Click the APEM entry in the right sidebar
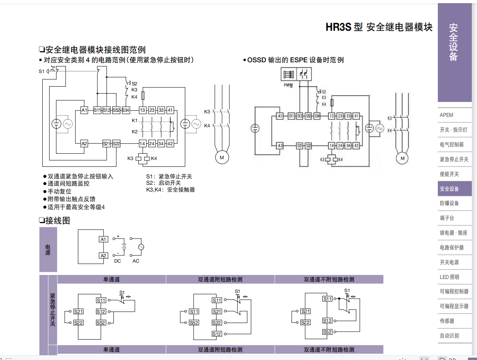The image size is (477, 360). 447,115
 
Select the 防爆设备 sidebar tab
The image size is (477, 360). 449,203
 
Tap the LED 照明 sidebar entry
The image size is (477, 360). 449,277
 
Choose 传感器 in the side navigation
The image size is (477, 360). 447,321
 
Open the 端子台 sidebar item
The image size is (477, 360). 447,218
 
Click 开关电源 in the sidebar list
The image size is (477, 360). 449,262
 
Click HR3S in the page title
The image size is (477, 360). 338,28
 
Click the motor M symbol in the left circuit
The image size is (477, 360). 222,158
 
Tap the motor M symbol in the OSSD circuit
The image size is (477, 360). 402,158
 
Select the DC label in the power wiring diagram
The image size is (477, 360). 117,261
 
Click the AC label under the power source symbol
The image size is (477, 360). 136,261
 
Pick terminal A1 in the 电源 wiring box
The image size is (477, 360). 103,239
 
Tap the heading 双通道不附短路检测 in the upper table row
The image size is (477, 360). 329,279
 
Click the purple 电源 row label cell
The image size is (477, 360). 48,249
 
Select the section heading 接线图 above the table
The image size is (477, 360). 58,221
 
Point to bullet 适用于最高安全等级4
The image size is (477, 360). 76,207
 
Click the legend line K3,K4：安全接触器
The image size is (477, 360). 171,190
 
